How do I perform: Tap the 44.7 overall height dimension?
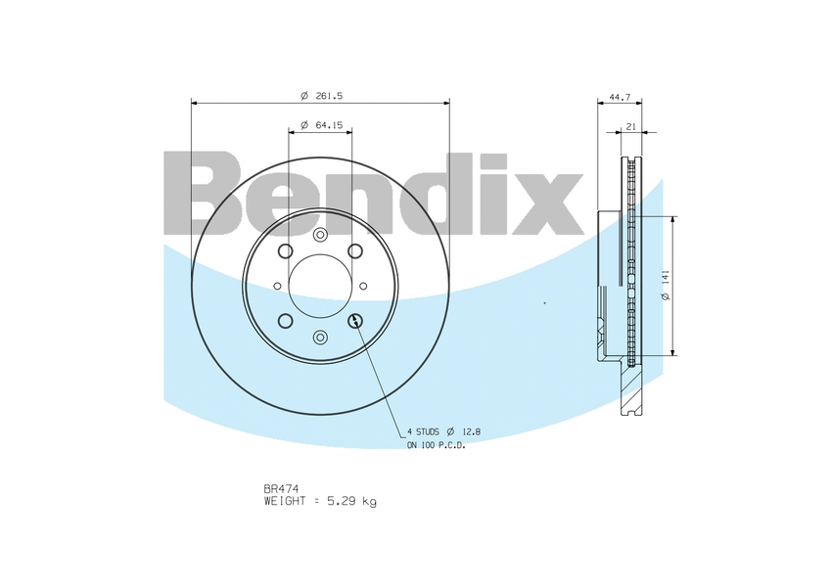(619, 97)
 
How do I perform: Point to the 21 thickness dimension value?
(631, 126)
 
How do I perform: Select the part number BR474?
(281, 487)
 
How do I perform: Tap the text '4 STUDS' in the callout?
(423, 431)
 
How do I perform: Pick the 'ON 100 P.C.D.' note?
(437, 445)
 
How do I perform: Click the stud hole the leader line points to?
(355, 320)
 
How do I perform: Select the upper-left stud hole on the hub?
(285, 251)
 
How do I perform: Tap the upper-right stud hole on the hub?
(355, 251)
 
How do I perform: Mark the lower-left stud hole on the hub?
(285, 321)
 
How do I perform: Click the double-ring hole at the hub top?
(320, 235)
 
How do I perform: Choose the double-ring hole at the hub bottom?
(320, 338)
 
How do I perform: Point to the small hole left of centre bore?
(277, 286)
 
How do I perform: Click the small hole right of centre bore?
(363, 286)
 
